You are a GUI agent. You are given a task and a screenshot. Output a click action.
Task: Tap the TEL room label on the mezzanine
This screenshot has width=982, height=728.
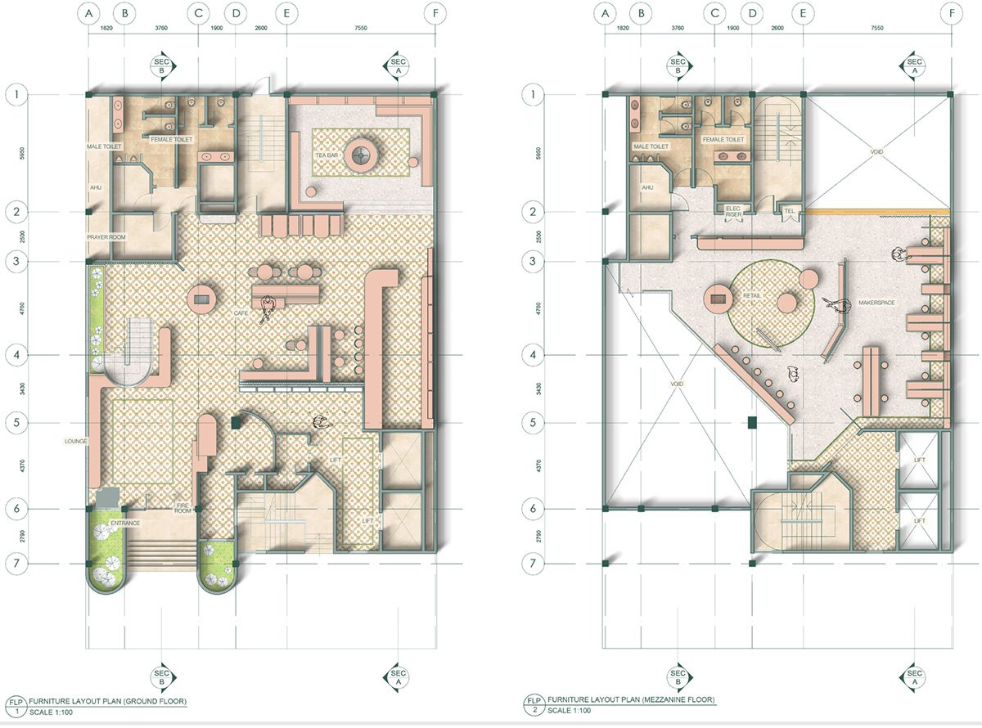click(789, 209)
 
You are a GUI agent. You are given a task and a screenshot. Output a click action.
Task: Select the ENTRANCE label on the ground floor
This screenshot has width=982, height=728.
click(126, 523)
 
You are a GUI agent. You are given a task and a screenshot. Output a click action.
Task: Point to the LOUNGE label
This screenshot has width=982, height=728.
click(76, 441)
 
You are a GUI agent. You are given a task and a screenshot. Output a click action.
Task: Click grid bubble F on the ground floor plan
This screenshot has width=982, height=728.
click(431, 13)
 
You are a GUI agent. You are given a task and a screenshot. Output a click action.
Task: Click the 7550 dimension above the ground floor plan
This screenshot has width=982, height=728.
click(359, 27)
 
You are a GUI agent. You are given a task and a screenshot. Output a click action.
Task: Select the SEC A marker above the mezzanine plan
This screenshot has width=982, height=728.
click(913, 65)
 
